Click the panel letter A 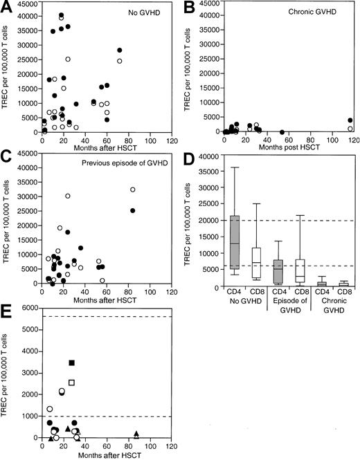click(7, 7)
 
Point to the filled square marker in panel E click(71, 362)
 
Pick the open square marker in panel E click(71, 383)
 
